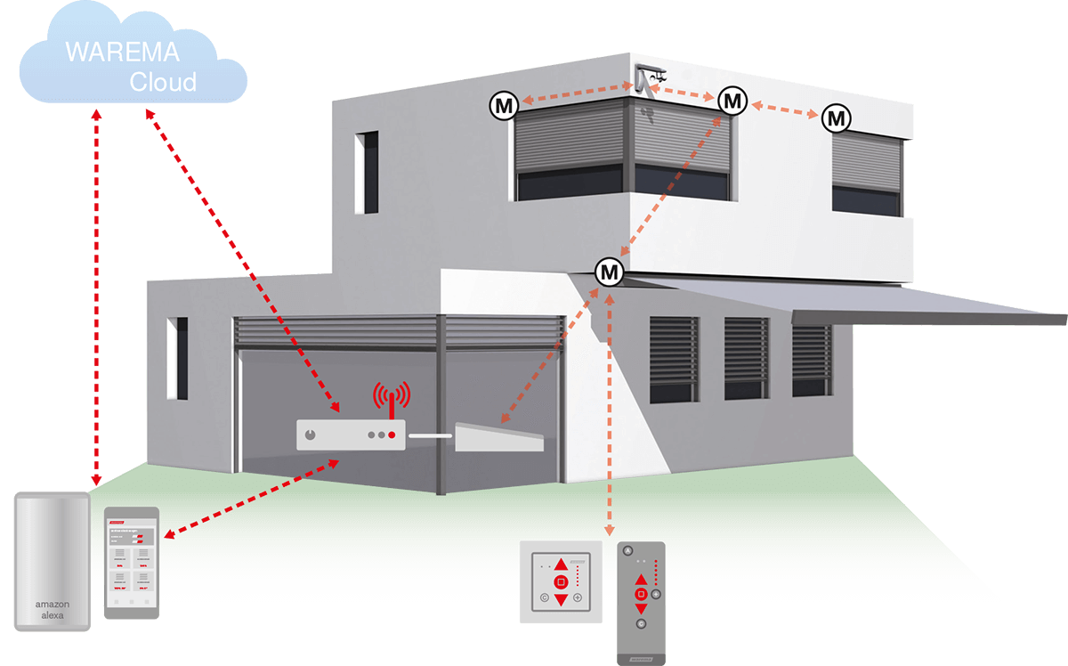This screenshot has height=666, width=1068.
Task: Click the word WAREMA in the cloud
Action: [x=122, y=53]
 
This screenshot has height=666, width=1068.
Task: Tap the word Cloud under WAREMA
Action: [x=163, y=83]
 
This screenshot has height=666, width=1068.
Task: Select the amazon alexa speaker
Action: [x=53, y=561]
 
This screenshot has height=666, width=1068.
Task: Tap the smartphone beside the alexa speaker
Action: [x=132, y=563]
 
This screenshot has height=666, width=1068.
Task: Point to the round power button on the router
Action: [x=310, y=435]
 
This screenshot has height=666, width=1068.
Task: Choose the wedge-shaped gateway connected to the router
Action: [x=498, y=437]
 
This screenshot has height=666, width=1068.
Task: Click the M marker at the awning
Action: [x=610, y=270]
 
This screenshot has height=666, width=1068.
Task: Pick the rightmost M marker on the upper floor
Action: [x=836, y=118]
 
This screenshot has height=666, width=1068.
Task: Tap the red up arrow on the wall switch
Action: [x=561, y=564]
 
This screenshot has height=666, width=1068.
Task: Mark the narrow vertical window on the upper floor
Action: [x=366, y=173]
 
